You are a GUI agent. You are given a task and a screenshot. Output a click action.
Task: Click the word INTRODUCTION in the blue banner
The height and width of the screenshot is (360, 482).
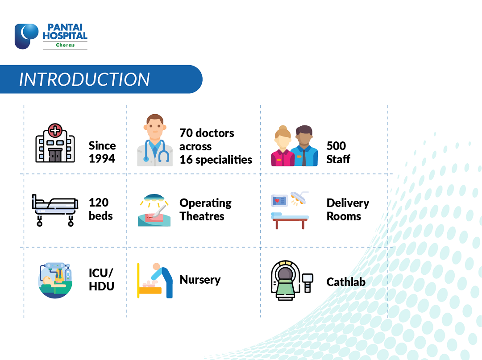click(84, 79)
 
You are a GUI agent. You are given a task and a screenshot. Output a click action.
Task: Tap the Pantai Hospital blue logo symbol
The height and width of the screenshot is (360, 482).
click(26, 36)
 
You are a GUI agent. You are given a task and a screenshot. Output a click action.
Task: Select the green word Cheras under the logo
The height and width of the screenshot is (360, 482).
click(65, 45)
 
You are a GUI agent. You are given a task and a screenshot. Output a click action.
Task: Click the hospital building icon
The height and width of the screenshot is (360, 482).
click(55, 143)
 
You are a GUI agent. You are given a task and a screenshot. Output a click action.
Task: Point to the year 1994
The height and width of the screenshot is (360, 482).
click(102, 158)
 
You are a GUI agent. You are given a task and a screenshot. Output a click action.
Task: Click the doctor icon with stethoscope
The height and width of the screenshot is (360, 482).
click(155, 140)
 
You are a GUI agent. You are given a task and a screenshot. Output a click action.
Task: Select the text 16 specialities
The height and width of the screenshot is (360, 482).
click(216, 160)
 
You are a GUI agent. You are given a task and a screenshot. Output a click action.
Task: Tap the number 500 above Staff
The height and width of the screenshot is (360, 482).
click(336, 145)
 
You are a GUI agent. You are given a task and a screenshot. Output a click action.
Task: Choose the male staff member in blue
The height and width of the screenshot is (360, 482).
click(304, 146)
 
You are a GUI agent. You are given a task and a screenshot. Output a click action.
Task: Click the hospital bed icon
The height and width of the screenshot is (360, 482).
click(55, 211)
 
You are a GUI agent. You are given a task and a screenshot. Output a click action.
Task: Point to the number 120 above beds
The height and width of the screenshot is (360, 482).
click(99, 203)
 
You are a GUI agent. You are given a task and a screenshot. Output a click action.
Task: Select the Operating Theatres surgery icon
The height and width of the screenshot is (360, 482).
click(154, 211)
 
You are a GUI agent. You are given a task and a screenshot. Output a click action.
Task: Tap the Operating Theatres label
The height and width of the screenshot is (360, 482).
click(205, 210)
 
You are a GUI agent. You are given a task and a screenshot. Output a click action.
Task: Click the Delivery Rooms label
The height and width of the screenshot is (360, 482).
click(348, 210)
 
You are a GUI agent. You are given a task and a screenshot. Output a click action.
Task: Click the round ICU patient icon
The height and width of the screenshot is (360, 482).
click(55, 280)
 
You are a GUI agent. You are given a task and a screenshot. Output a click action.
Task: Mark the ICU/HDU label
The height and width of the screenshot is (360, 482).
click(101, 280)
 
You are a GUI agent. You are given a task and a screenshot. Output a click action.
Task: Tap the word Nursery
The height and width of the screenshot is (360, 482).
click(200, 280)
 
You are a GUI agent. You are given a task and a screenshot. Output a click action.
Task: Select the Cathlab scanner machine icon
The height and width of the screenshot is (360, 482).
click(292, 280)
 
